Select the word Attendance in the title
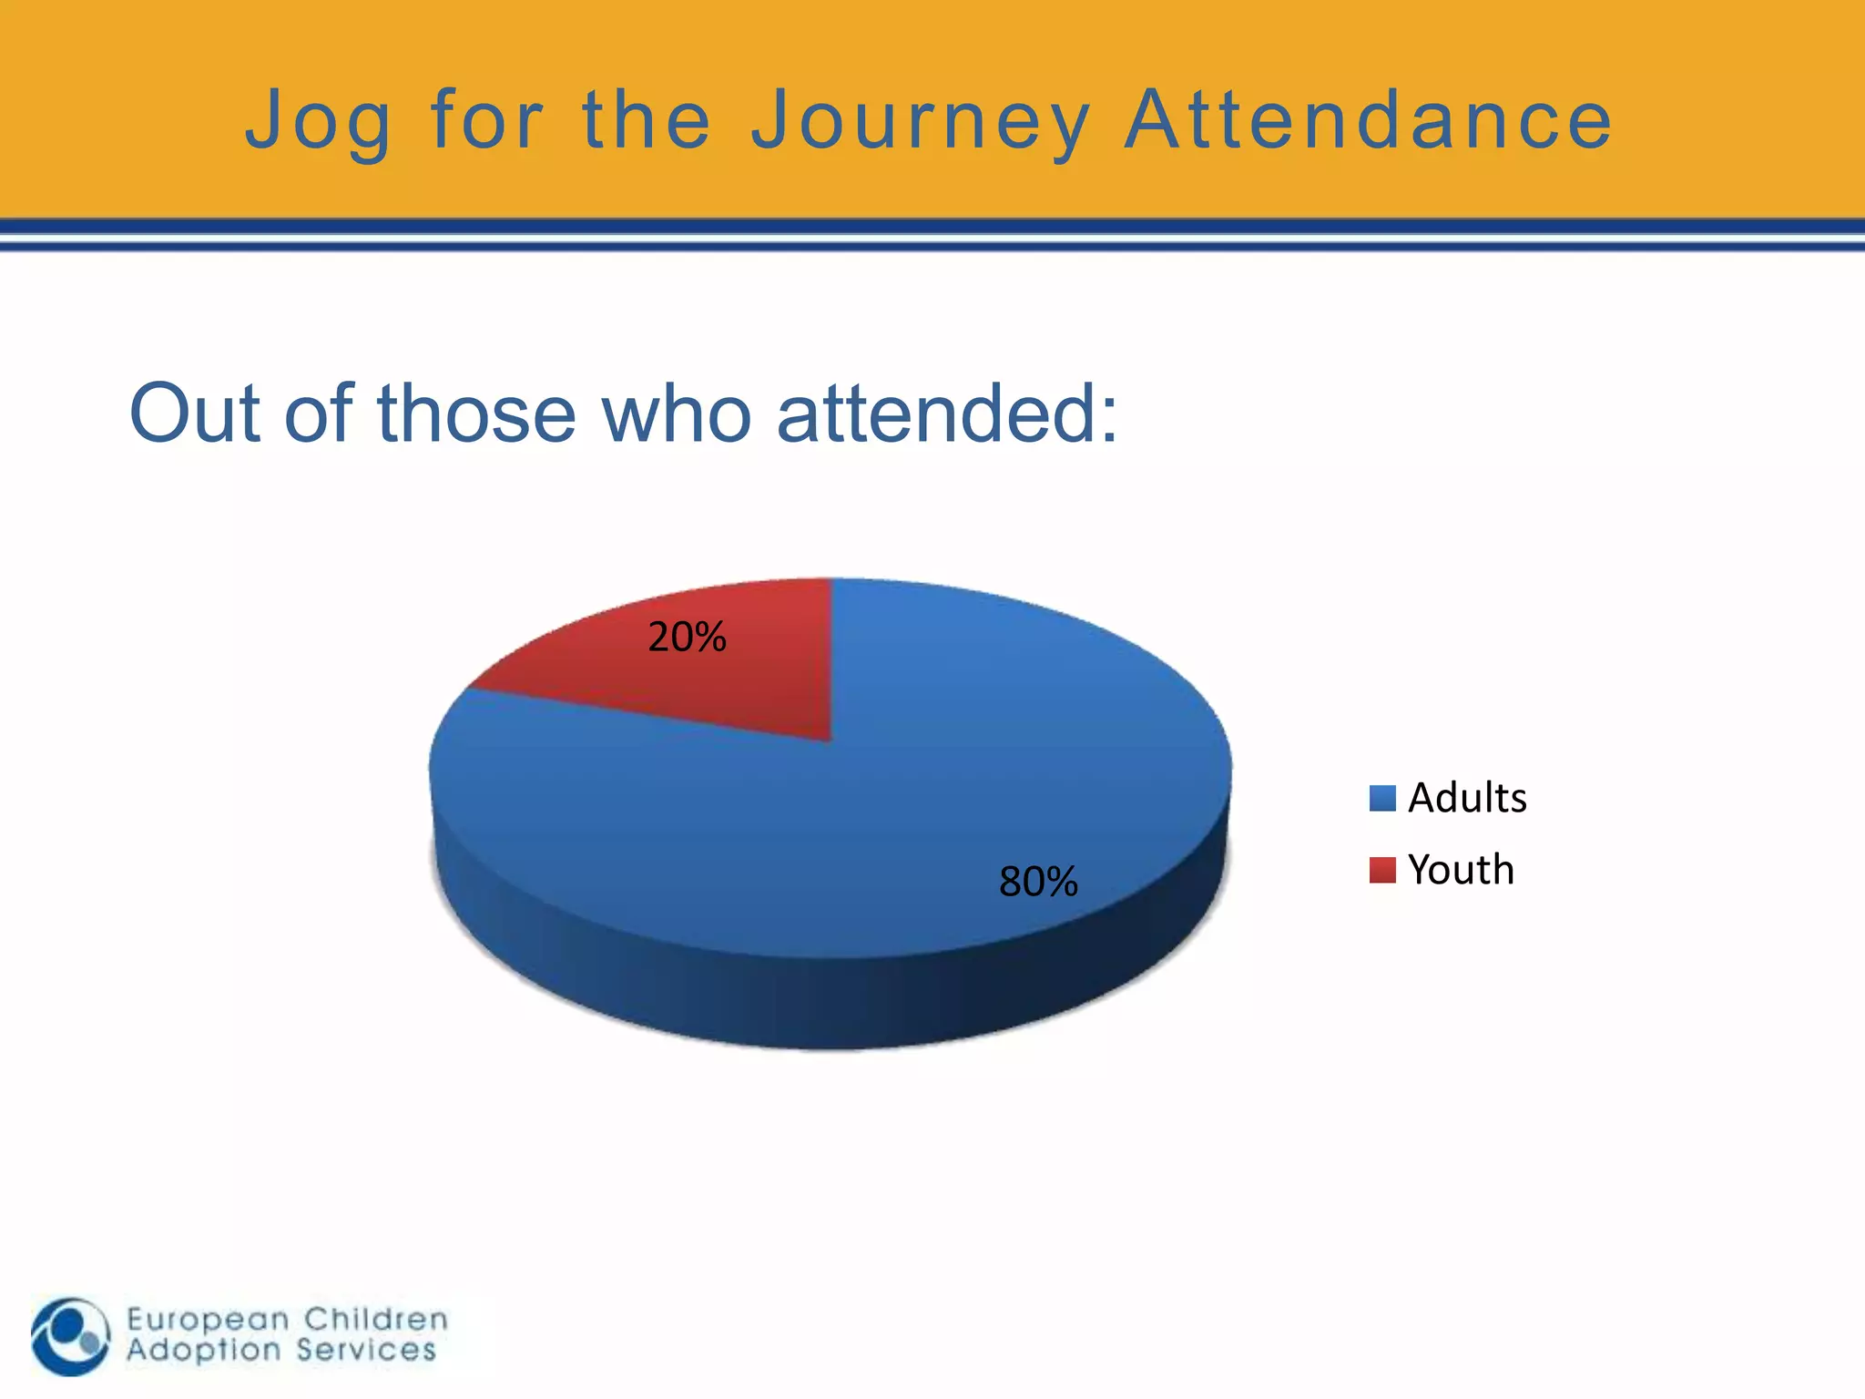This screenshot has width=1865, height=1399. (1369, 120)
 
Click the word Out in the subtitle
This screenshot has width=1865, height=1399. (194, 414)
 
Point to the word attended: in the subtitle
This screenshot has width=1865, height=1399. (947, 414)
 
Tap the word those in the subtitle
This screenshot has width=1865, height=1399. (476, 414)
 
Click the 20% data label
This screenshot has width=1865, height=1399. (687, 637)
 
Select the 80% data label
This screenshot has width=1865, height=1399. (1038, 882)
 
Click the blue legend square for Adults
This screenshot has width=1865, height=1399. (1382, 799)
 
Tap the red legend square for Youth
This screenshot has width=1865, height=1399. (1382, 870)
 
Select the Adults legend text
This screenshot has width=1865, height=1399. (1467, 798)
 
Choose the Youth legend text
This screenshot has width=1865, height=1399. (1461, 870)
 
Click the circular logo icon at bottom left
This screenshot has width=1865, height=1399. (71, 1336)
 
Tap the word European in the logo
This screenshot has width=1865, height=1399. (209, 1319)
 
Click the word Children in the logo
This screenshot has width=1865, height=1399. (376, 1319)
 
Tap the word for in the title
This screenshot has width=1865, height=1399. (487, 120)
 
